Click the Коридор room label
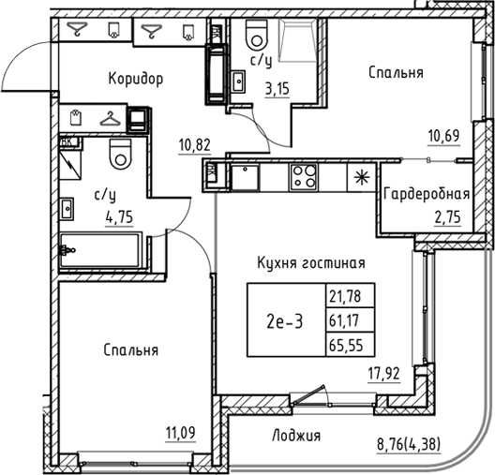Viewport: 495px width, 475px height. (135, 79)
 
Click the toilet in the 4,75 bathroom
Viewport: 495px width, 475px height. (119, 155)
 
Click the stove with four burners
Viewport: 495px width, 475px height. (304, 174)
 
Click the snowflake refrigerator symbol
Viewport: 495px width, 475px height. (360, 175)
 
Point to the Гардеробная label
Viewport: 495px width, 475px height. (426, 195)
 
